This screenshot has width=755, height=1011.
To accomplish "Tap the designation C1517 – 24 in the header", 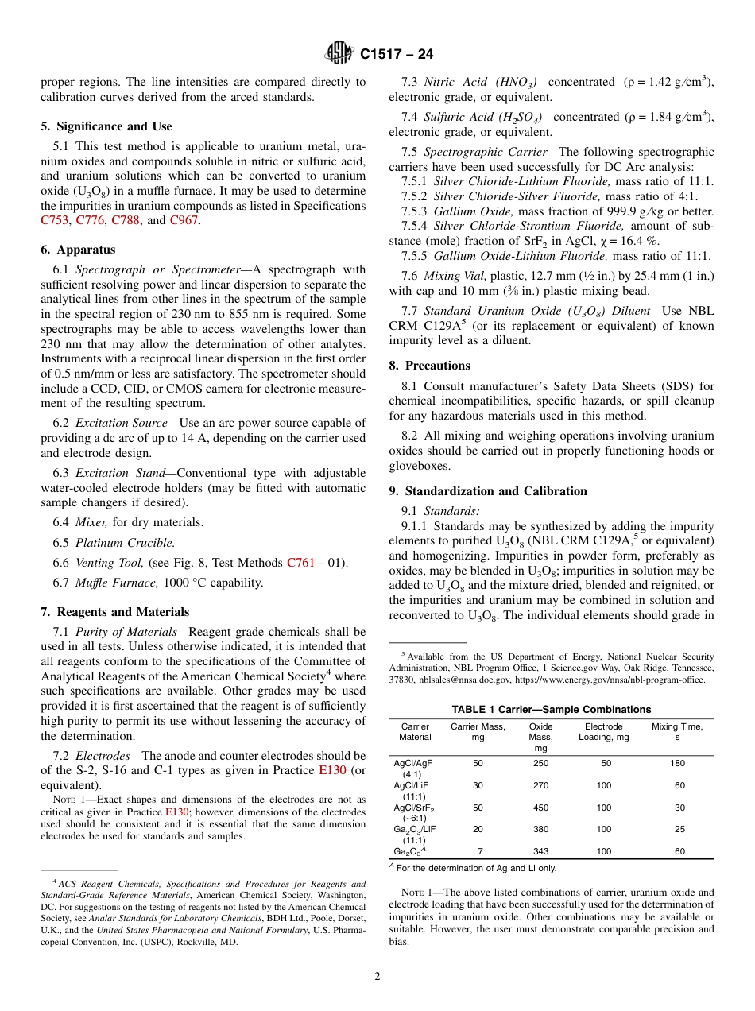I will click(x=397, y=55).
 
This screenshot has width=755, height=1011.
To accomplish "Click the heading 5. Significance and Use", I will click(x=106, y=126).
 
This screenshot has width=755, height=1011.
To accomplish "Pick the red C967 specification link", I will click(x=184, y=220).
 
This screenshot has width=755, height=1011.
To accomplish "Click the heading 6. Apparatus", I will click(x=78, y=250).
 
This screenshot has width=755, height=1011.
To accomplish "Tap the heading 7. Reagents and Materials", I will click(x=114, y=612).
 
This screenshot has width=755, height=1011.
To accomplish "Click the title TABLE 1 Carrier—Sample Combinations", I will click(x=551, y=709).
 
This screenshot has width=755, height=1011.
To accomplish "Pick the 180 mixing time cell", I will click(x=676, y=763).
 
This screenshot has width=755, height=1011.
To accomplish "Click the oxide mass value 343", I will click(x=540, y=851).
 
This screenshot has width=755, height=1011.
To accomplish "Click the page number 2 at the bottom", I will click(x=377, y=977).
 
